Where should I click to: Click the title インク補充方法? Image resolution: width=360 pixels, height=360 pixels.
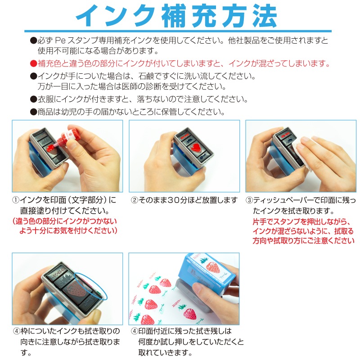[x=176, y=16]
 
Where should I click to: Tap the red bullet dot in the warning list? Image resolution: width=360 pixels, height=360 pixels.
[x=33, y=63]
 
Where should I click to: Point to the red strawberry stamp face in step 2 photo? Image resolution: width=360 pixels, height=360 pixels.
[x=196, y=148]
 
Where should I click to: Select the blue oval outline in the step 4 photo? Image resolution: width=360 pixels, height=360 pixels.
[x=91, y=286]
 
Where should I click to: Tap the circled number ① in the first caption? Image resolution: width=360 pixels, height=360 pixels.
[x=16, y=200]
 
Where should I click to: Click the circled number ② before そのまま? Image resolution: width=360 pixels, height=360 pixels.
[x=134, y=200]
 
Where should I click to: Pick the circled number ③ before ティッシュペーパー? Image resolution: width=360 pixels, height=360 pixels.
[x=249, y=200]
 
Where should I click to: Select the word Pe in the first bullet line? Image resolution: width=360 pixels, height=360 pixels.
[x=60, y=40]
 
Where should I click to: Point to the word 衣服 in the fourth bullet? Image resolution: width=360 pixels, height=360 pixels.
[x=45, y=99]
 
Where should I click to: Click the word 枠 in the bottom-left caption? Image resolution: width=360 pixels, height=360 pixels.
[x=24, y=331]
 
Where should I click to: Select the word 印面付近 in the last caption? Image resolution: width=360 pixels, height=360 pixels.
[x=153, y=331]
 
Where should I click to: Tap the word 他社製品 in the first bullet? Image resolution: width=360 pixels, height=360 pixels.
[x=244, y=40]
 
